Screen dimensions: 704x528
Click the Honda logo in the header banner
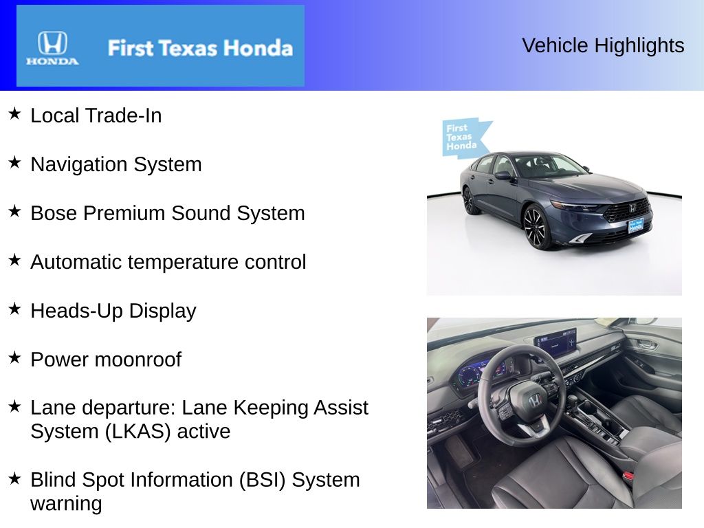tap(52, 48)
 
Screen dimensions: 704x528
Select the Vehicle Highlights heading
tap(603, 45)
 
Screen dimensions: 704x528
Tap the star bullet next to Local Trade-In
tap(14, 113)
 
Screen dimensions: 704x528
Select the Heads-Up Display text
tap(113, 311)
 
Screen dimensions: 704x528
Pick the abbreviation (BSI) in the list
tap(262, 480)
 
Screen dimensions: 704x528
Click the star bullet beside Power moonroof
tap(14, 357)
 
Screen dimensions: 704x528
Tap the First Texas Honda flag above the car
tap(465, 137)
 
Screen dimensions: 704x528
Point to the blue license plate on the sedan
tap(635, 225)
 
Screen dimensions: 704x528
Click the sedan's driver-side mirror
tap(503, 175)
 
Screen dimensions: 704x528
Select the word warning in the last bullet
tap(67, 504)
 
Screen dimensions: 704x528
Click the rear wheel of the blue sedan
tap(468, 200)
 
